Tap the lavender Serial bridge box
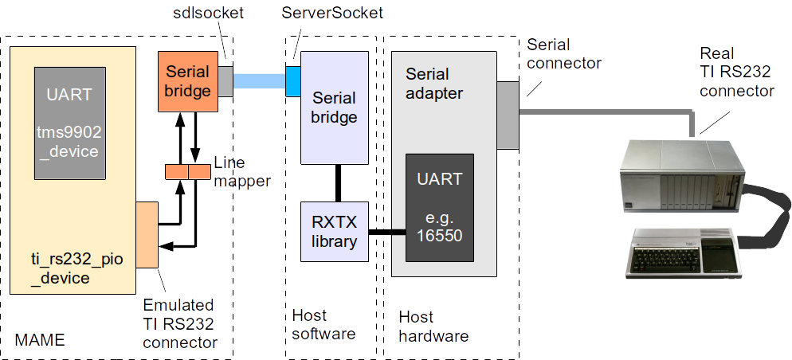point(334,108)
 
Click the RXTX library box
point(334,231)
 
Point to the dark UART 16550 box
point(440,207)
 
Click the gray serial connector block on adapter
point(508,115)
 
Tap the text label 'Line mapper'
point(241,171)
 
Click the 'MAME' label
point(40,340)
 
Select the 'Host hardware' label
point(433,326)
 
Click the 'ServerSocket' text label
point(332,14)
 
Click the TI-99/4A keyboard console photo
point(684,252)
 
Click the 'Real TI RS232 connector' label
point(736,72)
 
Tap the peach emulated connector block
point(147,234)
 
